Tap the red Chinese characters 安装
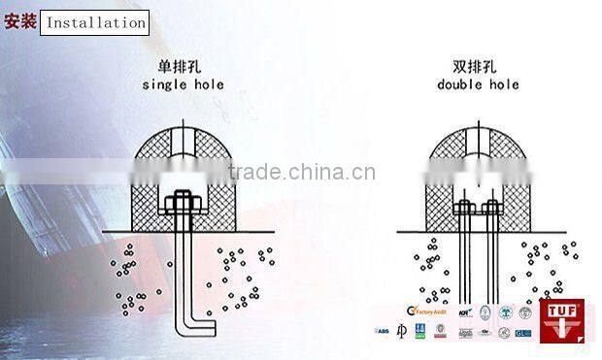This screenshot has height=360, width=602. click(20, 21)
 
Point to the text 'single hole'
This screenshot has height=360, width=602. click(183, 84)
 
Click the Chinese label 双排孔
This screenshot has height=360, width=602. click(477, 68)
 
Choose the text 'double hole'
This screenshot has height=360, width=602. click(478, 84)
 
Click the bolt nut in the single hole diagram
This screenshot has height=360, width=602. click(182, 204)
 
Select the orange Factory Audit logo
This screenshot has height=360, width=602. click(424, 312)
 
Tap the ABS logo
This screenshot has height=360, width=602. click(382, 332)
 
